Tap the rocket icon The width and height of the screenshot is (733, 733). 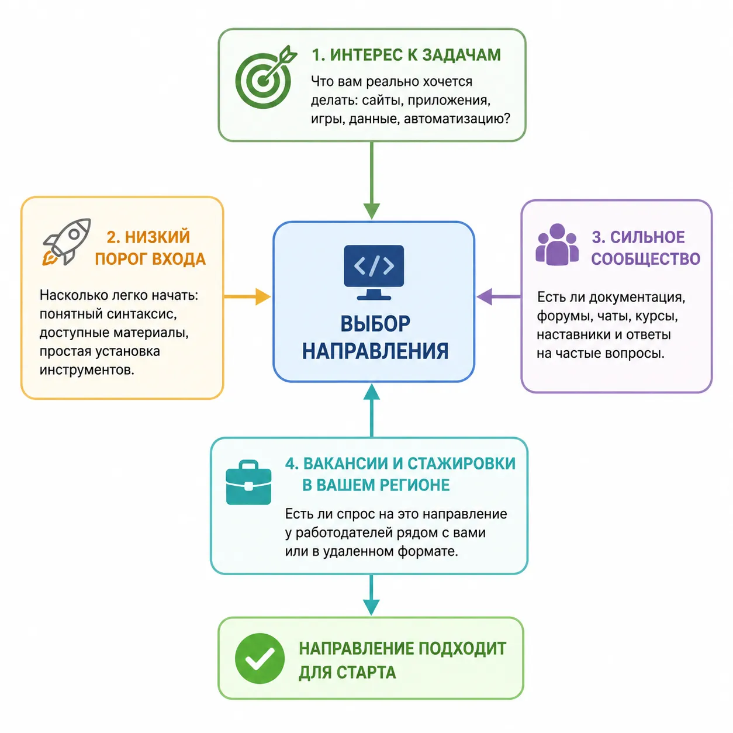[x=67, y=241]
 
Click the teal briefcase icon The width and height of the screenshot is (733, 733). [x=248, y=482]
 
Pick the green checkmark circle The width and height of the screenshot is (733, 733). [x=260, y=658]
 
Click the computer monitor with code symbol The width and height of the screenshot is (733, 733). [x=374, y=272]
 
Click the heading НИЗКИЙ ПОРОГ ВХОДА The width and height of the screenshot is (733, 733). [x=150, y=248]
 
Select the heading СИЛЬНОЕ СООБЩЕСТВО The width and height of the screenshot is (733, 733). [x=645, y=248]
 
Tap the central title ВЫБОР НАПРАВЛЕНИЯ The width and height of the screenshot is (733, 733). [x=375, y=337]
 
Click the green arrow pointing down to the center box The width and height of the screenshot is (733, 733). [x=372, y=181]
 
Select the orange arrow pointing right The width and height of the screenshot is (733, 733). [x=247, y=296]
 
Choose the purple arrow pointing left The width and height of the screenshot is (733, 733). [x=499, y=296]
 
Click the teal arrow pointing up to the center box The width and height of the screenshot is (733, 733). [x=372, y=410]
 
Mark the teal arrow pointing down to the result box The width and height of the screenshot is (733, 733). [x=371, y=594]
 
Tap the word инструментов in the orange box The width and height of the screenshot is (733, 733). [x=87, y=370]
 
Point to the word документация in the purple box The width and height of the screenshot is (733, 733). [x=637, y=298]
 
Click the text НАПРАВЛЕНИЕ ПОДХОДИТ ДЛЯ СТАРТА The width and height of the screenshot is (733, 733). [x=402, y=661]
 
